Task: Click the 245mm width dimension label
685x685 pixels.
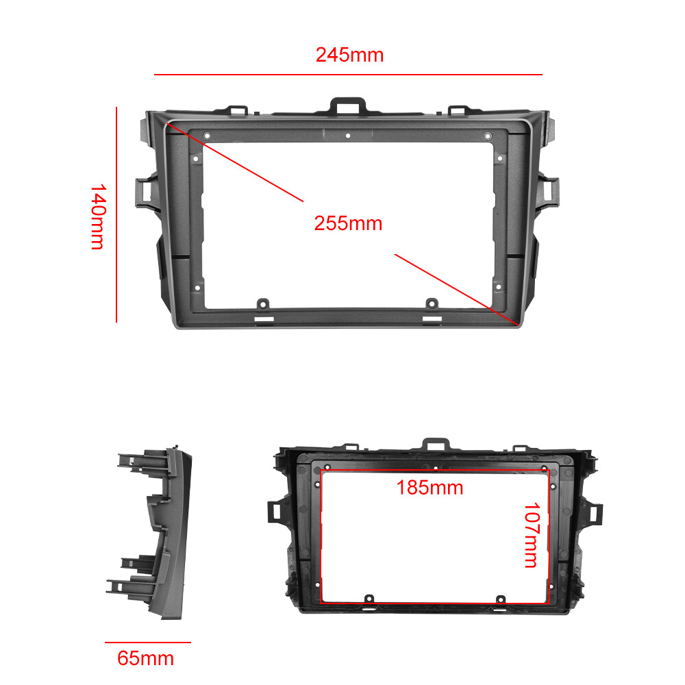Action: pos(349,55)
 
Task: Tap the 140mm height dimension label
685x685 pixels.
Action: pos(97,216)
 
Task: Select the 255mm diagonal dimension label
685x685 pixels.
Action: pos(348,223)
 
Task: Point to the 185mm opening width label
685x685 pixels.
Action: pos(430,488)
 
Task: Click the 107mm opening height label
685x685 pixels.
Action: pos(531,536)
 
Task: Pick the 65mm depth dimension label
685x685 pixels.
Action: pos(146,659)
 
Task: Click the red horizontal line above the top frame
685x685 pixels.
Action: pos(348,74)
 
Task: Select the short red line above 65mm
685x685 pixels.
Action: pos(147,643)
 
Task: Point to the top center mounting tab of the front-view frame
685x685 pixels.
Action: pos(349,105)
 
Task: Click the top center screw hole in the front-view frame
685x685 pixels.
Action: pos(348,135)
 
